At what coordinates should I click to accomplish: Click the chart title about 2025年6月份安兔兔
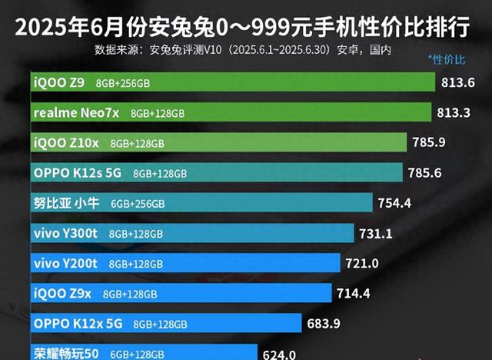tap(246, 28)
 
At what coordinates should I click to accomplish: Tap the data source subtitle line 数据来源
tap(244, 50)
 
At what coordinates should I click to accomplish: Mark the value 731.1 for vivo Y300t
tap(375, 232)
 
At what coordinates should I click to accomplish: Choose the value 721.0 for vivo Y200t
tap(361, 262)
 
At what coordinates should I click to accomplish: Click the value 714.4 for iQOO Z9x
tap(353, 292)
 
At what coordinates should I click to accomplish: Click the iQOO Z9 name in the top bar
tap(59, 82)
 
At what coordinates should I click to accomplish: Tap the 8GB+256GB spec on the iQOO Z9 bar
tap(123, 83)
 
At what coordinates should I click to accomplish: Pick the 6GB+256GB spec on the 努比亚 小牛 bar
tap(138, 204)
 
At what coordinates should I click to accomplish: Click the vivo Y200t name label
tap(66, 263)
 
